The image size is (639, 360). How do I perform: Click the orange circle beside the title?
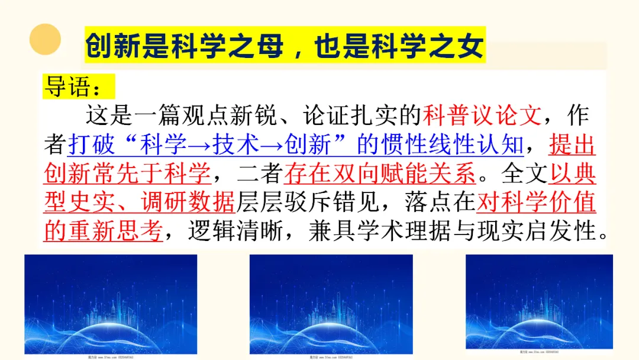(x=45, y=39)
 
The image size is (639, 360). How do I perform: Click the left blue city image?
(x=111, y=305)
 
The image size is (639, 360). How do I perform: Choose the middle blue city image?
(x=331, y=305)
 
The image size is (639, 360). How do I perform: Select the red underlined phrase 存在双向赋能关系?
(x=380, y=173)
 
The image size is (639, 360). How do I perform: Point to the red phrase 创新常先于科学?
(x=127, y=173)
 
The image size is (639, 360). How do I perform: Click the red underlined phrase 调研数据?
(x=189, y=202)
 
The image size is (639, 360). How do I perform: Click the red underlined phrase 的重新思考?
(x=103, y=232)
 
